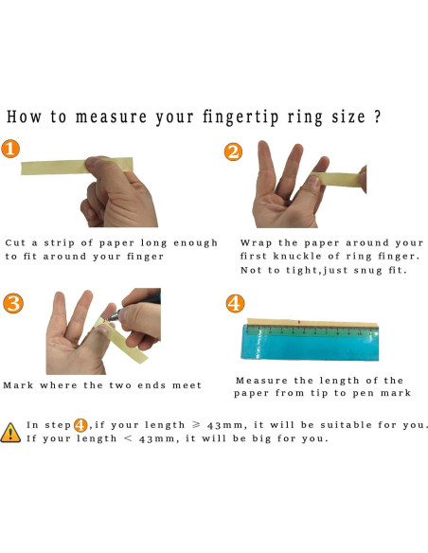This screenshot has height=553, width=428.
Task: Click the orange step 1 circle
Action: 10,149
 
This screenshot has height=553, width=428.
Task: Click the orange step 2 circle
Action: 233,152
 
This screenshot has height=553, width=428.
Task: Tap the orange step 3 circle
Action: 13,303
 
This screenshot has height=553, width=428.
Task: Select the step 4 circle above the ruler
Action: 235,303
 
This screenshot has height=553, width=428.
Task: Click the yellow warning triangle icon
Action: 10,433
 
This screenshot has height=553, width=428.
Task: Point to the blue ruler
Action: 310,343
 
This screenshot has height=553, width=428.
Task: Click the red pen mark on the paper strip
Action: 299,322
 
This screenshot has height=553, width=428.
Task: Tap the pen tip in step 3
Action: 109,319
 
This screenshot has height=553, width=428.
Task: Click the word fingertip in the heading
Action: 241,117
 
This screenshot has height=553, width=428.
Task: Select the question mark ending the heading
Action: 377,116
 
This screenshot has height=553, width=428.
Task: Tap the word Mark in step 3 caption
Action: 18,385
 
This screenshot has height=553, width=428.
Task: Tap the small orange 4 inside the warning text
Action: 80,425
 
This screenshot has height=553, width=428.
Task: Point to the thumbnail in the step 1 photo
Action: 93,163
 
